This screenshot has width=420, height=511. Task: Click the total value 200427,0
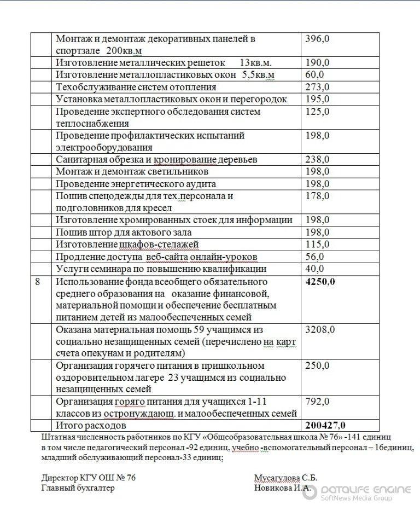pyautogui.click(x=326, y=425)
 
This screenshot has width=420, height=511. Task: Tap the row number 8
pyautogui.click(x=37, y=281)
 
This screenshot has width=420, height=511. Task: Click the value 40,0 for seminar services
pyautogui.click(x=314, y=269)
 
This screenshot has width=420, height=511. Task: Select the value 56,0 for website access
pyautogui.click(x=314, y=257)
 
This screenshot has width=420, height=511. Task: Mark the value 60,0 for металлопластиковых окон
pyautogui.click(x=314, y=75)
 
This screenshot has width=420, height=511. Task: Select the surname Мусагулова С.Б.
pyautogui.click(x=285, y=477)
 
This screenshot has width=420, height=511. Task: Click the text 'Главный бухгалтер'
pyautogui.click(x=78, y=488)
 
